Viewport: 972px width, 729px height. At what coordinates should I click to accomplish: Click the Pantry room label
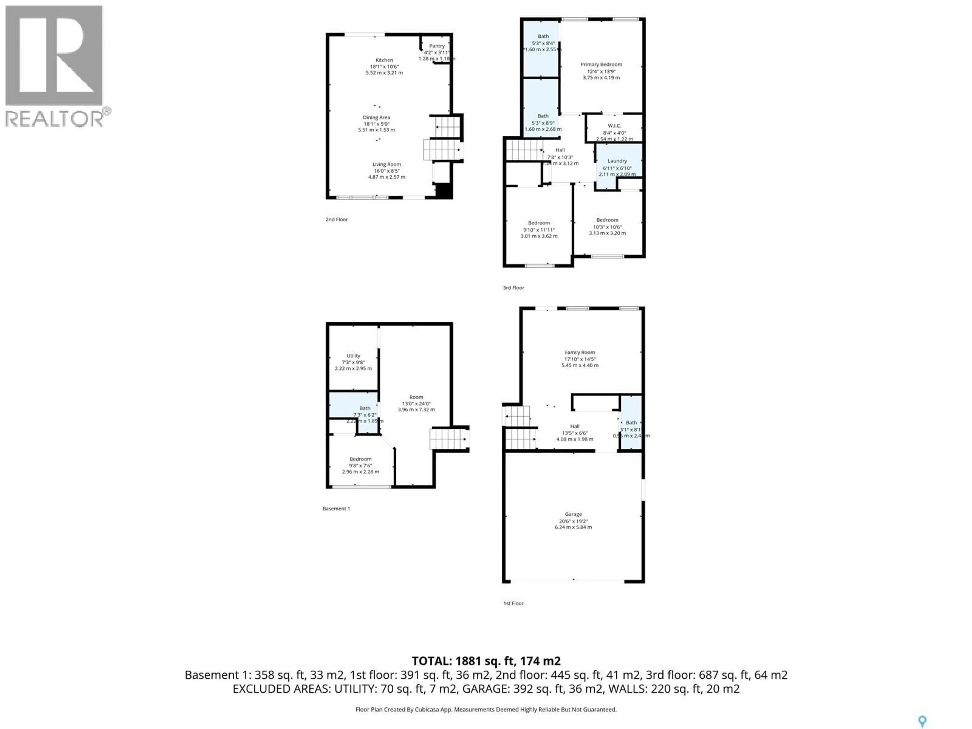coord(437,46)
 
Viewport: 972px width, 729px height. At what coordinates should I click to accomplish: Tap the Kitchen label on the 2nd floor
coord(384,60)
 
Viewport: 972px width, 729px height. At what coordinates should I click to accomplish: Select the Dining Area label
coord(376,117)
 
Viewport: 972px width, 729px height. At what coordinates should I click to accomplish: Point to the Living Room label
coord(387,164)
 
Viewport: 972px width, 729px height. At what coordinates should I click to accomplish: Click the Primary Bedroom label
coord(601,65)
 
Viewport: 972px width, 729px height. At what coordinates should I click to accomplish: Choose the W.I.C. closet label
coord(614,126)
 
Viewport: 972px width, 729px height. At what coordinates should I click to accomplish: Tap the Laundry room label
coord(617,161)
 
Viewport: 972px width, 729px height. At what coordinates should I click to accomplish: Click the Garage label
coord(573,514)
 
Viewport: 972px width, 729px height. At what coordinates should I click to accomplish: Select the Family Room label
coord(580,352)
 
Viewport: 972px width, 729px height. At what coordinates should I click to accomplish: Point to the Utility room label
coord(353,356)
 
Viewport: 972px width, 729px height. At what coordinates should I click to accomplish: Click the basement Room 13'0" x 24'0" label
coord(416,397)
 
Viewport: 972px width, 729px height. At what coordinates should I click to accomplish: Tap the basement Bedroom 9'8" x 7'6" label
coord(360,459)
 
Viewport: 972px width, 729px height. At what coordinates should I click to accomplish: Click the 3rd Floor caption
coord(513,288)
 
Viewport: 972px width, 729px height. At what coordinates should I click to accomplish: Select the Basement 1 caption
coord(336,509)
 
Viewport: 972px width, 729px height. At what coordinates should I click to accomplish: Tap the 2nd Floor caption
coord(337,219)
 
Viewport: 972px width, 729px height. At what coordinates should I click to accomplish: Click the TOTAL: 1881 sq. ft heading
coord(486,661)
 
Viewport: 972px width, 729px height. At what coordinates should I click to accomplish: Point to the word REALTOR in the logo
coord(54,119)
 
